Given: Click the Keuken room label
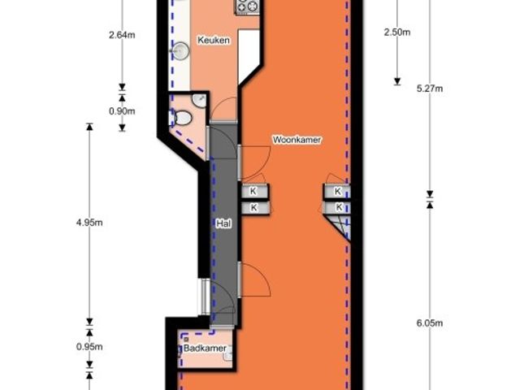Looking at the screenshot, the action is coord(213,40).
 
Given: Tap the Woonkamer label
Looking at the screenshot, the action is coord(297,140).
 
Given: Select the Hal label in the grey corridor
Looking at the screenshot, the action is coord(223,223).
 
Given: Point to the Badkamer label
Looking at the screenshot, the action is coord(205,349).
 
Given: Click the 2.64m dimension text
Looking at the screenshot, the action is coord(122,35).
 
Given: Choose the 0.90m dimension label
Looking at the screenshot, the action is coord(122,111).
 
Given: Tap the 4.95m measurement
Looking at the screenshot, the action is coord(89,223).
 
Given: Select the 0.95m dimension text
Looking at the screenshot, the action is coord(89,347).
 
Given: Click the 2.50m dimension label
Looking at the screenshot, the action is coord(397,32).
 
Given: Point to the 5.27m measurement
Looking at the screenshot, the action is coord(430,89).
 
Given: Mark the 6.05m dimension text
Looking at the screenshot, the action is coord(430,323).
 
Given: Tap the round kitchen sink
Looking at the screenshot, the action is coord(180,50).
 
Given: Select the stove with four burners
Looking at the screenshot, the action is coord(248,6).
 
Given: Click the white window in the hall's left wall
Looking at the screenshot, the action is coord(206,297).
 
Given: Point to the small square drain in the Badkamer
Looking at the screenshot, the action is coord(186,340).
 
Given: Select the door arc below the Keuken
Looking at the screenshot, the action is coord(224,109).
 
